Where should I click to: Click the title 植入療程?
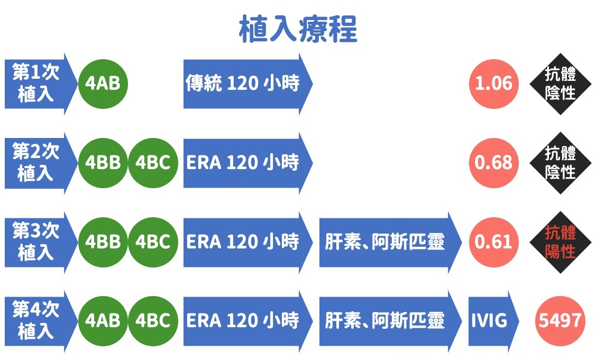pyautogui.click(x=298, y=29)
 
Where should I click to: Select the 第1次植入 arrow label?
pyautogui.click(x=41, y=84)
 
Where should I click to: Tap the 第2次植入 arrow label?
pyautogui.click(x=41, y=163)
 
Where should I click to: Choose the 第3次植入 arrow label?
pyautogui.click(x=41, y=242)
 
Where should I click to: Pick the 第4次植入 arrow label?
pyautogui.click(x=41, y=321)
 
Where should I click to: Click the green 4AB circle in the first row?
pyautogui.click(x=103, y=84)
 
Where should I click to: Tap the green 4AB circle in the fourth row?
pyautogui.click(x=103, y=321)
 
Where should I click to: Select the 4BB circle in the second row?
pyautogui.click(x=103, y=163)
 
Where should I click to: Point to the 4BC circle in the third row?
pyautogui.click(x=153, y=242)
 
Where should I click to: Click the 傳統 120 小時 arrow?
pyautogui.click(x=248, y=84)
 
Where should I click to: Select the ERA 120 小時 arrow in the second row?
pyautogui.click(x=248, y=163)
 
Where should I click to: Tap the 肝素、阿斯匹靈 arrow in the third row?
pyautogui.click(x=390, y=242)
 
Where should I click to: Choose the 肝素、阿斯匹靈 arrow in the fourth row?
pyautogui.click(x=390, y=321)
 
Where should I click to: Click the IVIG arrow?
pyautogui.click(x=493, y=321)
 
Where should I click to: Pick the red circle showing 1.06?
pyautogui.click(x=494, y=84)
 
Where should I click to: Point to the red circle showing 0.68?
pyautogui.click(x=494, y=163)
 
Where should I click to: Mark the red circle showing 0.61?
pyautogui.click(x=494, y=242)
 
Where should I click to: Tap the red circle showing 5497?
pyautogui.click(x=560, y=321)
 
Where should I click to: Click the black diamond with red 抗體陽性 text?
pyautogui.click(x=560, y=242)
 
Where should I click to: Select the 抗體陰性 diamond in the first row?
pyautogui.click(x=560, y=84)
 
